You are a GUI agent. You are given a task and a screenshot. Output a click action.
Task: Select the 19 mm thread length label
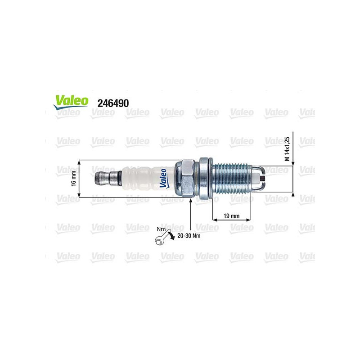[x=232, y=216]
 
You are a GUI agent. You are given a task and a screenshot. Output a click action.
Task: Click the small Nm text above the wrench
[x=159, y=229]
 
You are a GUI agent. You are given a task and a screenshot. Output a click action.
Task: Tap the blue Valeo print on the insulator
[x=163, y=179]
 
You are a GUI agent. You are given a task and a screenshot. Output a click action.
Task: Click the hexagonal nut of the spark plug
[x=185, y=178]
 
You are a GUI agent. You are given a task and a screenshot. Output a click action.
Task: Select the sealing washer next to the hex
[x=205, y=179]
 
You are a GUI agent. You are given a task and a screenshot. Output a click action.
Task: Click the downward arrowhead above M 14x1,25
[x=293, y=163]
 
